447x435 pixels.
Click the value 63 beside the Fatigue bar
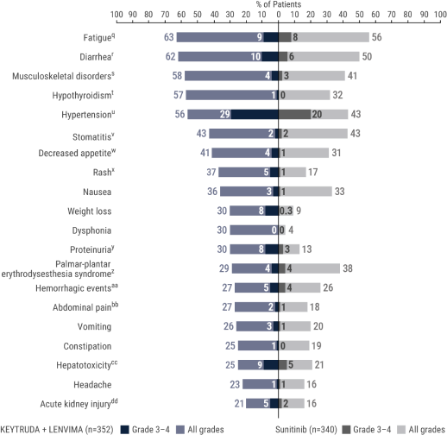pos(168,37)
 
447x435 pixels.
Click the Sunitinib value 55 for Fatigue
pos(377,37)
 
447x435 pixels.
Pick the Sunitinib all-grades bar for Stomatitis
pos(329,134)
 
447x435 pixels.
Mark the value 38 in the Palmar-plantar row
pos(348,268)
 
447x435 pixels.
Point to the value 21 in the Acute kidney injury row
pos(238,402)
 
